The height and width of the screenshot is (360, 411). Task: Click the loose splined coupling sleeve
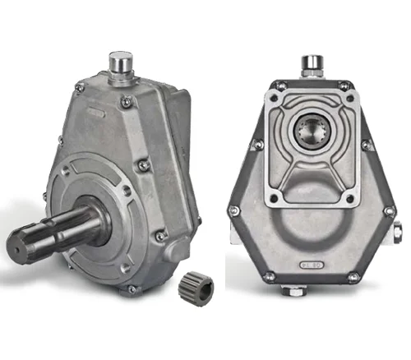click(196, 288)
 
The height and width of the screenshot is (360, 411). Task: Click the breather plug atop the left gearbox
click(122, 67)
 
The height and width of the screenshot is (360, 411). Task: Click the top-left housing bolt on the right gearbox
click(280, 85)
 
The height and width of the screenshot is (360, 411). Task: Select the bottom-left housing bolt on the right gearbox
click(268, 276)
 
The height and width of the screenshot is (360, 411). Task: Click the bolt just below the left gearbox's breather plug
click(127, 101)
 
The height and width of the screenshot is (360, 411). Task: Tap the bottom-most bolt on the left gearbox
click(132, 289)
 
